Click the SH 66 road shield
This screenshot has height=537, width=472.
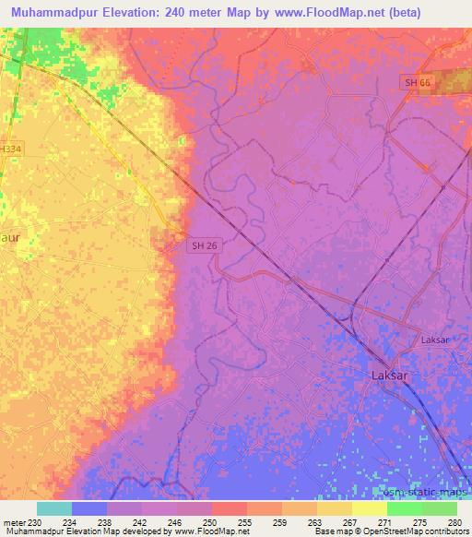pyautogui.click(x=417, y=83)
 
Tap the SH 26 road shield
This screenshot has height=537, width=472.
pyautogui.click(x=205, y=245)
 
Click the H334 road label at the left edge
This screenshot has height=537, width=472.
pyautogui.click(x=10, y=148)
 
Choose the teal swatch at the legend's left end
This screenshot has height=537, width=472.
pyautogui.click(x=54, y=508)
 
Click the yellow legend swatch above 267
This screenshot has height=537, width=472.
pyautogui.click(x=335, y=508)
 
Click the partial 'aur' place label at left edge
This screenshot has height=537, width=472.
pyautogui.click(x=9, y=237)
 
